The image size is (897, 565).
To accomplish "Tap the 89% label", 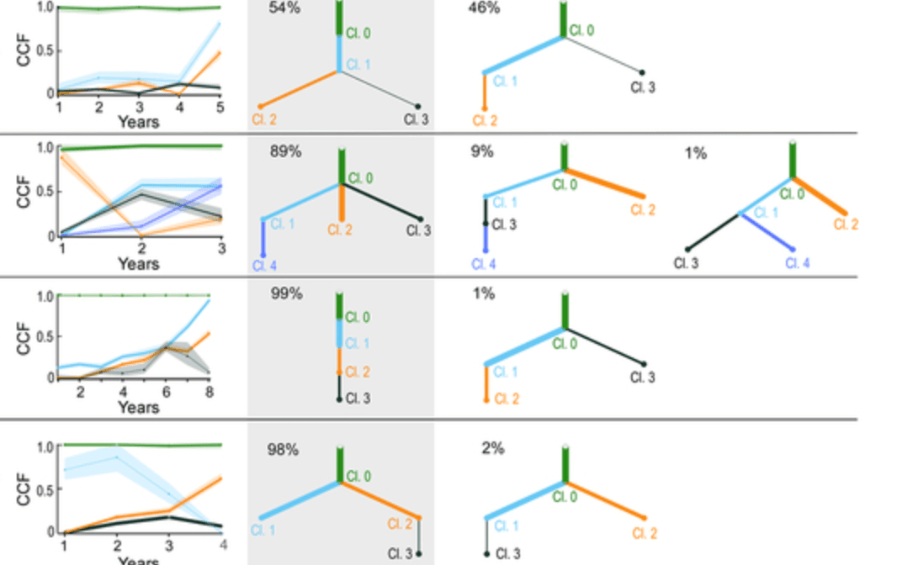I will point(285,152).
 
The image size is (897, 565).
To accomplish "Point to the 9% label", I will point(482,152).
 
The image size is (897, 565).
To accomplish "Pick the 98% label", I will point(283,449).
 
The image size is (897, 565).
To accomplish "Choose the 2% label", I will point(492,448).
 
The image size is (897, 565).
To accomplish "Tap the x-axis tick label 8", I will point(209,392).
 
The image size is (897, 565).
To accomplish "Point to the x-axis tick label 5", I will point(220,107).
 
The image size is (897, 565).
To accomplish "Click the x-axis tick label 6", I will point(166,392).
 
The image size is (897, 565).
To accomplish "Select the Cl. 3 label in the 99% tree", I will point(358,399).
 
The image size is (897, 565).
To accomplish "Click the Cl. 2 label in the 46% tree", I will point(485,121).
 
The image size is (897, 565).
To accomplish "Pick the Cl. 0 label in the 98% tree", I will point(359,477).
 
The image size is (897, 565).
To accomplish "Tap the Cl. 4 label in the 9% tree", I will point(484,264).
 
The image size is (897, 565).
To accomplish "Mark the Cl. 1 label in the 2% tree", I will point(505,526).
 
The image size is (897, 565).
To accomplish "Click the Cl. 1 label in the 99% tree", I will point(358,343).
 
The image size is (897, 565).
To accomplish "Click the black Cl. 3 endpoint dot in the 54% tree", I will point(417,106).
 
